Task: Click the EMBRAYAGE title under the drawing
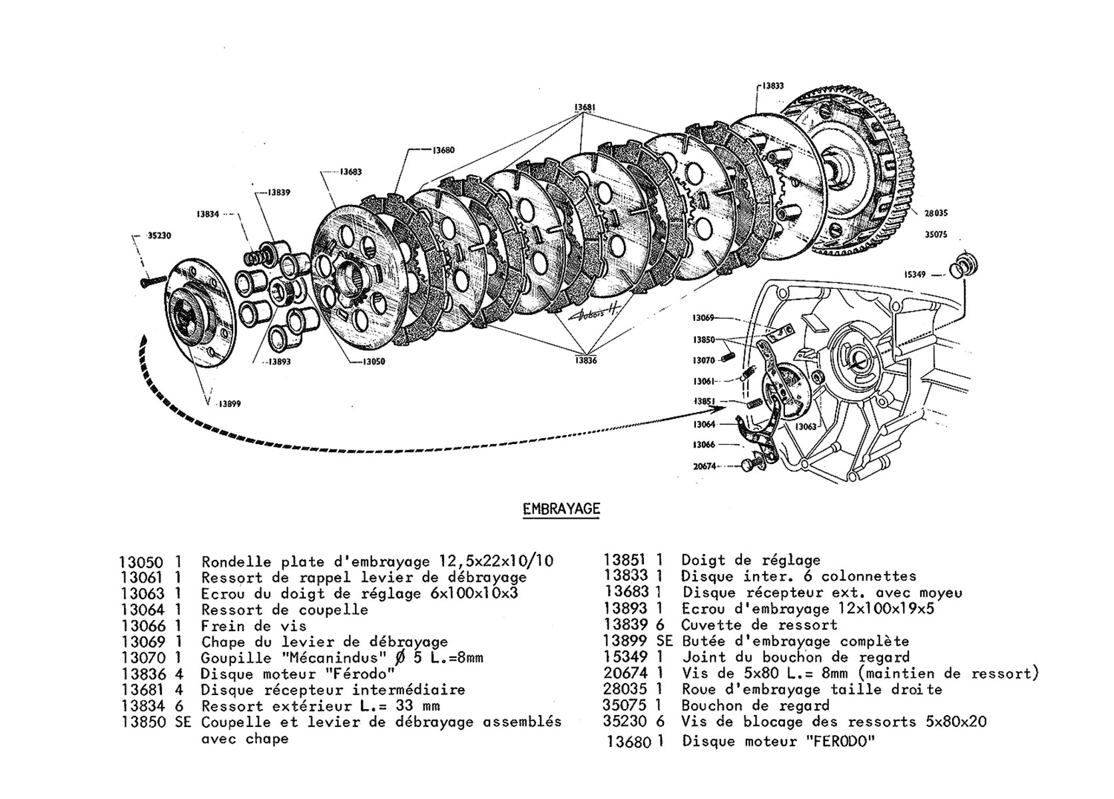coord(561,509)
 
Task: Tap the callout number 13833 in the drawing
coord(772,86)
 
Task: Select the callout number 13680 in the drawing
coord(443,150)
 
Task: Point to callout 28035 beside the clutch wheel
coord(936,214)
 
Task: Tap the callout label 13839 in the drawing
coord(279,192)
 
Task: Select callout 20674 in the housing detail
coord(704,467)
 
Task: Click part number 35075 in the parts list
coord(625,705)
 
